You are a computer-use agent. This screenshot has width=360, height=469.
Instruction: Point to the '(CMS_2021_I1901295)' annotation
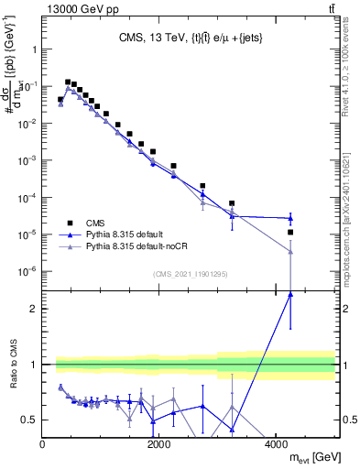pos(189,274)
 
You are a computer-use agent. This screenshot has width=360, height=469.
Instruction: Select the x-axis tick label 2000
pos(159,445)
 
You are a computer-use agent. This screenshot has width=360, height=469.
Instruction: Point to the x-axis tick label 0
pos(43,445)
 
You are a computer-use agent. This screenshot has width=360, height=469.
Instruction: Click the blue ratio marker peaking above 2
pos(290,294)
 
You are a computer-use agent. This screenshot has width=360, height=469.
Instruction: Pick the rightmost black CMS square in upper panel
pos(290,232)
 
